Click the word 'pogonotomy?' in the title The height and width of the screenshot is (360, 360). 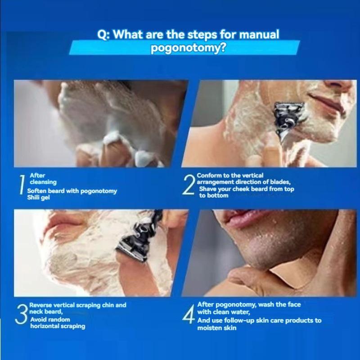pyautogui.click(x=188, y=48)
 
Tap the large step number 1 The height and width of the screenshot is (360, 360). pyautogui.click(x=22, y=185)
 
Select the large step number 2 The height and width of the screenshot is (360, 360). pyautogui.click(x=189, y=185)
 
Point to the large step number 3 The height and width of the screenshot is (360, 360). pyautogui.click(x=21, y=314)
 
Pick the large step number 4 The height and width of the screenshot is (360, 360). pyautogui.click(x=189, y=314)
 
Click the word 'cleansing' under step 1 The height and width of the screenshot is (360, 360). pyautogui.click(x=43, y=182)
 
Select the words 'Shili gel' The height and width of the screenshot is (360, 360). pyautogui.click(x=38, y=198)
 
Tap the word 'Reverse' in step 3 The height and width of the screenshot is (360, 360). pyautogui.click(x=40, y=305)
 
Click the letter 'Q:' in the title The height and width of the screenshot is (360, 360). pyautogui.click(x=104, y=35)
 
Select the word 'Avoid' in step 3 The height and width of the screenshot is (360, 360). pyautogui.click(x=39, y=319)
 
